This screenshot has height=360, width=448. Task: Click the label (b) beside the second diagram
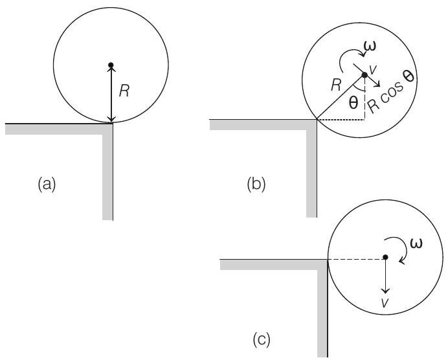(x=256, y=185)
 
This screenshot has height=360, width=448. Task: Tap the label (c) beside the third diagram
(x=261, y=339)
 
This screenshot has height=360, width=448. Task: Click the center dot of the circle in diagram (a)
(x=111, y=65)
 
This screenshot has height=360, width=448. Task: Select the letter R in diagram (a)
(x=125, y=92)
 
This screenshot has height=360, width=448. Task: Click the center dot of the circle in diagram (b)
(x=364, y=75)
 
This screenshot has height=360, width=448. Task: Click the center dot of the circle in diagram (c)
(x=385, y=258)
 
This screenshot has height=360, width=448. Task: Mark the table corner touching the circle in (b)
(x=316, y=120)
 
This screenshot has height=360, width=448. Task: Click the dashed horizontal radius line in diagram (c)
(x=356, y=258)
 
